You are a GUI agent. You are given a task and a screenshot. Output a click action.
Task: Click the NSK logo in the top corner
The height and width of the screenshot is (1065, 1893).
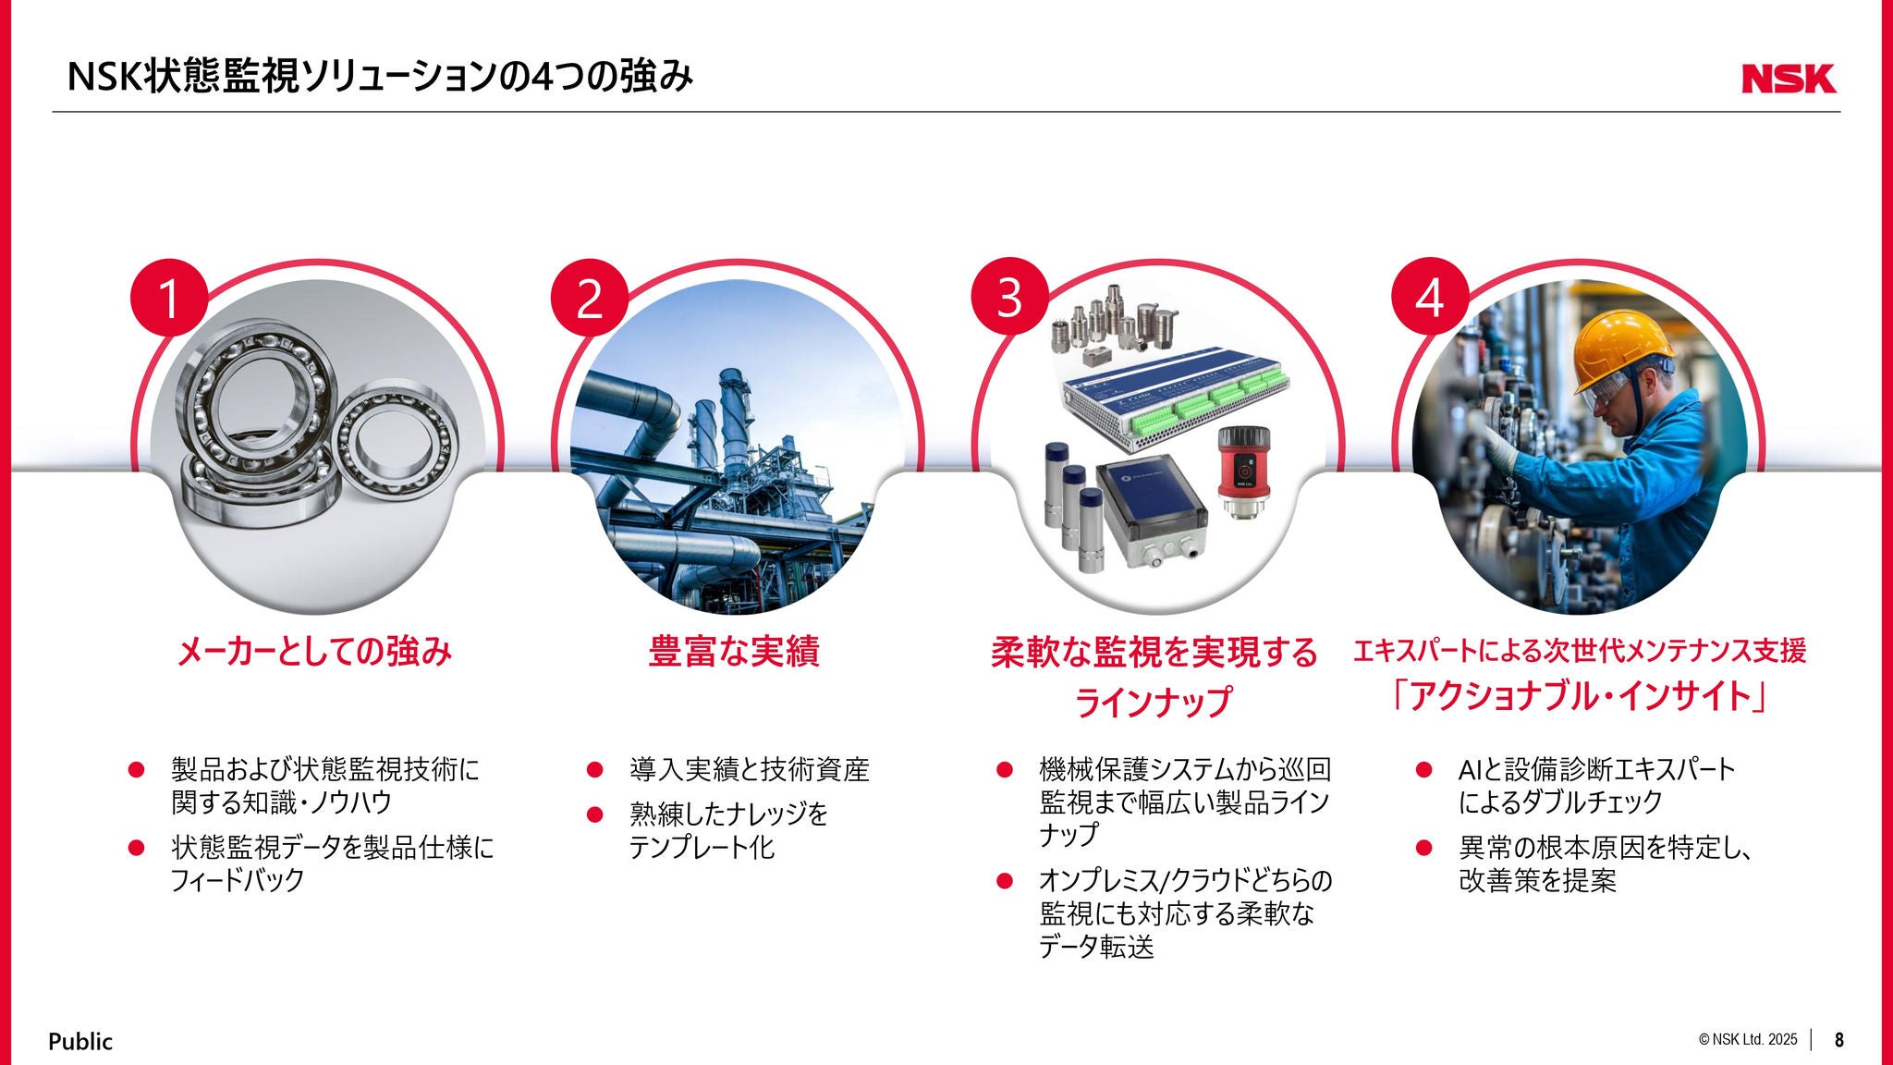tap(1789, 79)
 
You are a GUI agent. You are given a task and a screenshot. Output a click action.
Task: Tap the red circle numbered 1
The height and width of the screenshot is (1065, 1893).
tap(168, 297)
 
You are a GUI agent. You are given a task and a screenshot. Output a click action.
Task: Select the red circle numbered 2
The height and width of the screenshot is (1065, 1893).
tap(589, 297)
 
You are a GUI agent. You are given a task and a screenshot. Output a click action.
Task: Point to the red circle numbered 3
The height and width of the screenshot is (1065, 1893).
tap(1009, 297)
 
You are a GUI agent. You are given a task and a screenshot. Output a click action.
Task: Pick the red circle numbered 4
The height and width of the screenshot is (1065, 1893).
tap(1430, 297)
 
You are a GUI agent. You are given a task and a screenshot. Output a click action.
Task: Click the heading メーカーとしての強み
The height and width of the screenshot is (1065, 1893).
tap(314, 652)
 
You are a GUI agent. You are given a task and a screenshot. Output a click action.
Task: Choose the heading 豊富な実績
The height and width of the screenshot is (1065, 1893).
tap(734, 652)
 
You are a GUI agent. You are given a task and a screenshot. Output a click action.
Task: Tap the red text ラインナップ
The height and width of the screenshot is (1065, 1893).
tap(1154, 702)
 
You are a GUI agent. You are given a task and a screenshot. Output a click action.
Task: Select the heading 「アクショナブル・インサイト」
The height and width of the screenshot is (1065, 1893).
tap(1580, 696)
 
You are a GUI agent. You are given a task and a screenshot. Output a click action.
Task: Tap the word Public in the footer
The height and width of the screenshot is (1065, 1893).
tap(80, 1041)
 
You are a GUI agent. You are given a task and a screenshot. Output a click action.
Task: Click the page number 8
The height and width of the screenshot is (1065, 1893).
tap(1839, 1040)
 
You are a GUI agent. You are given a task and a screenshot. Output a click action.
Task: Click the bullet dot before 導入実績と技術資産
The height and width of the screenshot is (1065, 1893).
tap(595, 769)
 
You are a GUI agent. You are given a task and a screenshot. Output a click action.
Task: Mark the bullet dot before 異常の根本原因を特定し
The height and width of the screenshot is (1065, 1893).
tap(1424, 847)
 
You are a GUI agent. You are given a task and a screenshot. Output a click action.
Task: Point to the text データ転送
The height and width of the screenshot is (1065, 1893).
tap(1096, 947)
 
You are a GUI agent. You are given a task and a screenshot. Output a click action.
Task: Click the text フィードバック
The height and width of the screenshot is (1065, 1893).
tap(238, 879)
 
